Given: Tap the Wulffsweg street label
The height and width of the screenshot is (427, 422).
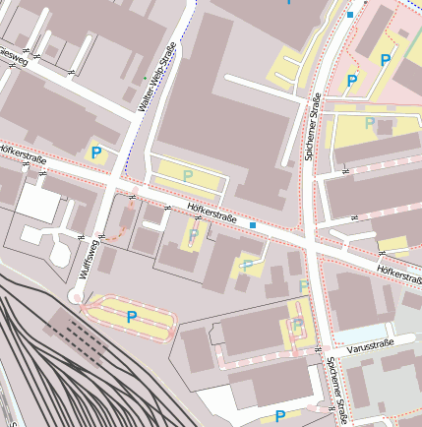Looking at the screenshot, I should coord(88,264).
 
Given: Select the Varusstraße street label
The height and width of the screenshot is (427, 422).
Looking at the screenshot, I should coord(369,343).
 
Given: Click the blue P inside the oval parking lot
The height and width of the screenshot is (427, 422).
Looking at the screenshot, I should coord(131,316).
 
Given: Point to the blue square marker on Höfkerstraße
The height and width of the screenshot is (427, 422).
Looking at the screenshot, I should coord(253,225).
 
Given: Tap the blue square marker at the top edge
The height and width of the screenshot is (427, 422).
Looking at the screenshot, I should coord(350,15).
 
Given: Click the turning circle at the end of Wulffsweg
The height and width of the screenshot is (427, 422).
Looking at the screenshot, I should coord(76,297).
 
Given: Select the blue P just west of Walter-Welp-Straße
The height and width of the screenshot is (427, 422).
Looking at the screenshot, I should coord(96,152).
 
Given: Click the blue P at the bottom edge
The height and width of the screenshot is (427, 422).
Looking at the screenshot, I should coord(280,417).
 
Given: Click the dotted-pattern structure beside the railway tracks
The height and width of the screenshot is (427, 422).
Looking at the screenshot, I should coord(76,340).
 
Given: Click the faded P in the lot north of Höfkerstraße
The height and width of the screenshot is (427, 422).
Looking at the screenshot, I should coord(187,175).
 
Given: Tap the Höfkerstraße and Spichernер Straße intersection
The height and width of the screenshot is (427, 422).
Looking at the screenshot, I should coord(309,242).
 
